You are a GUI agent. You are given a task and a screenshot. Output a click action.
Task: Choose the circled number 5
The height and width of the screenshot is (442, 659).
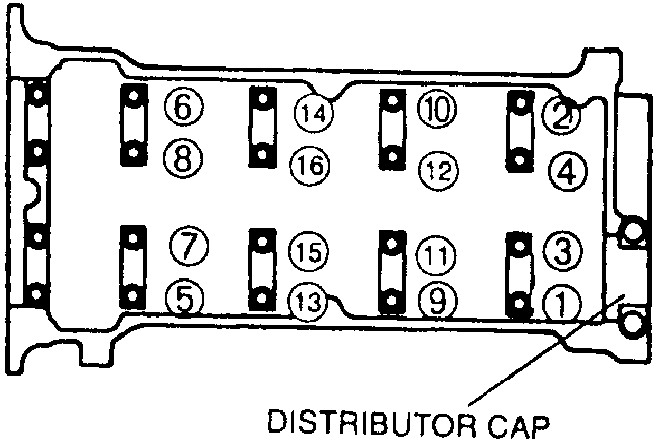click(183, 299)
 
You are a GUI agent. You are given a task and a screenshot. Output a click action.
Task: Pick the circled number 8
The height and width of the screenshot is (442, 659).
click(183, 157)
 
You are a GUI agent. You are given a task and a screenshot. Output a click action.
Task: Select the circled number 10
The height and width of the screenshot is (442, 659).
click(437, 109)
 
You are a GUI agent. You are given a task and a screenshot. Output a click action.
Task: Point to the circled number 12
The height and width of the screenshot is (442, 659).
click(438, 169)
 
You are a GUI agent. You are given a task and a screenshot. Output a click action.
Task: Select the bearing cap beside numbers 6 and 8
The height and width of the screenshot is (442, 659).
click(134, 124)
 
